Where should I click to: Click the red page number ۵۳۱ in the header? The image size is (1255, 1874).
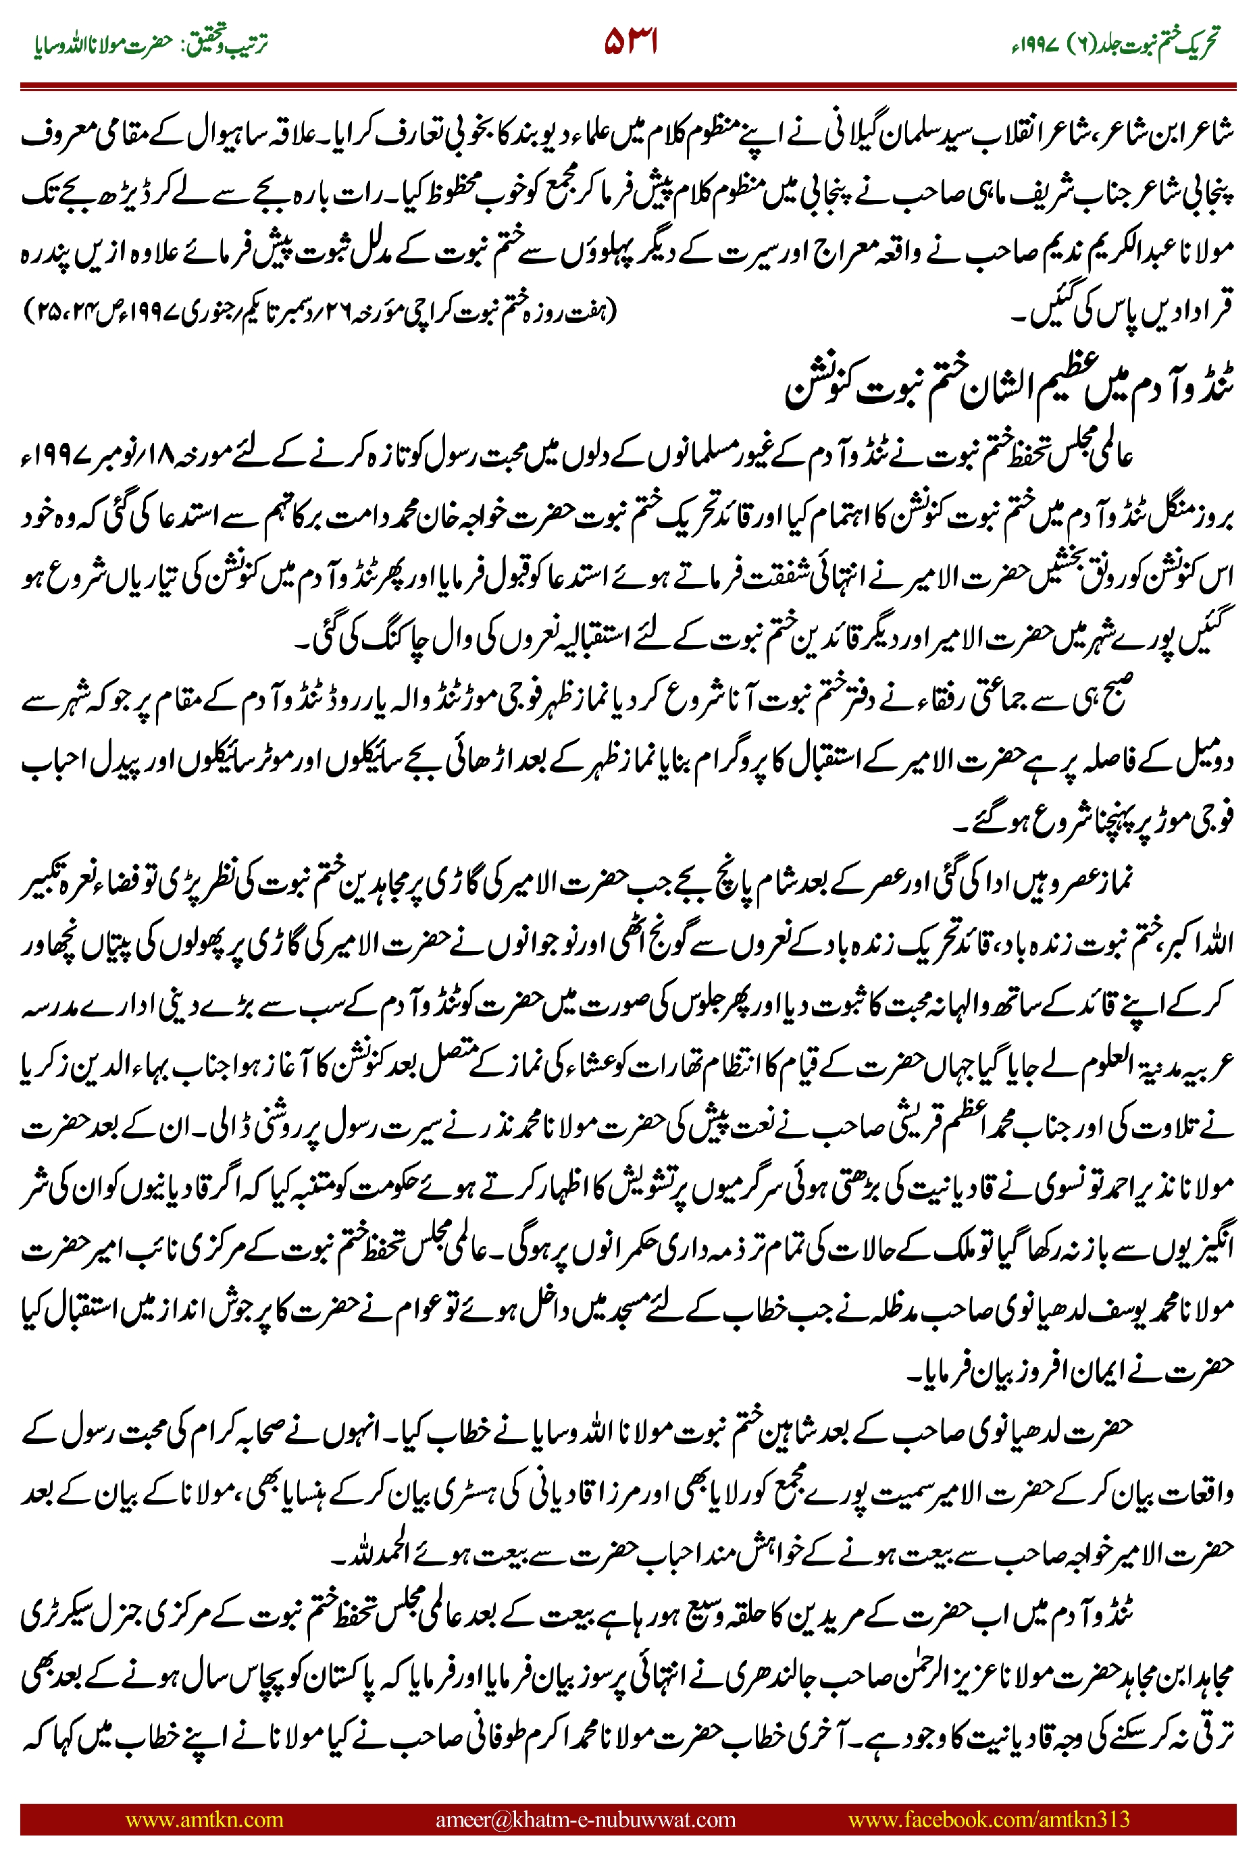(x=631, y=42)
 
